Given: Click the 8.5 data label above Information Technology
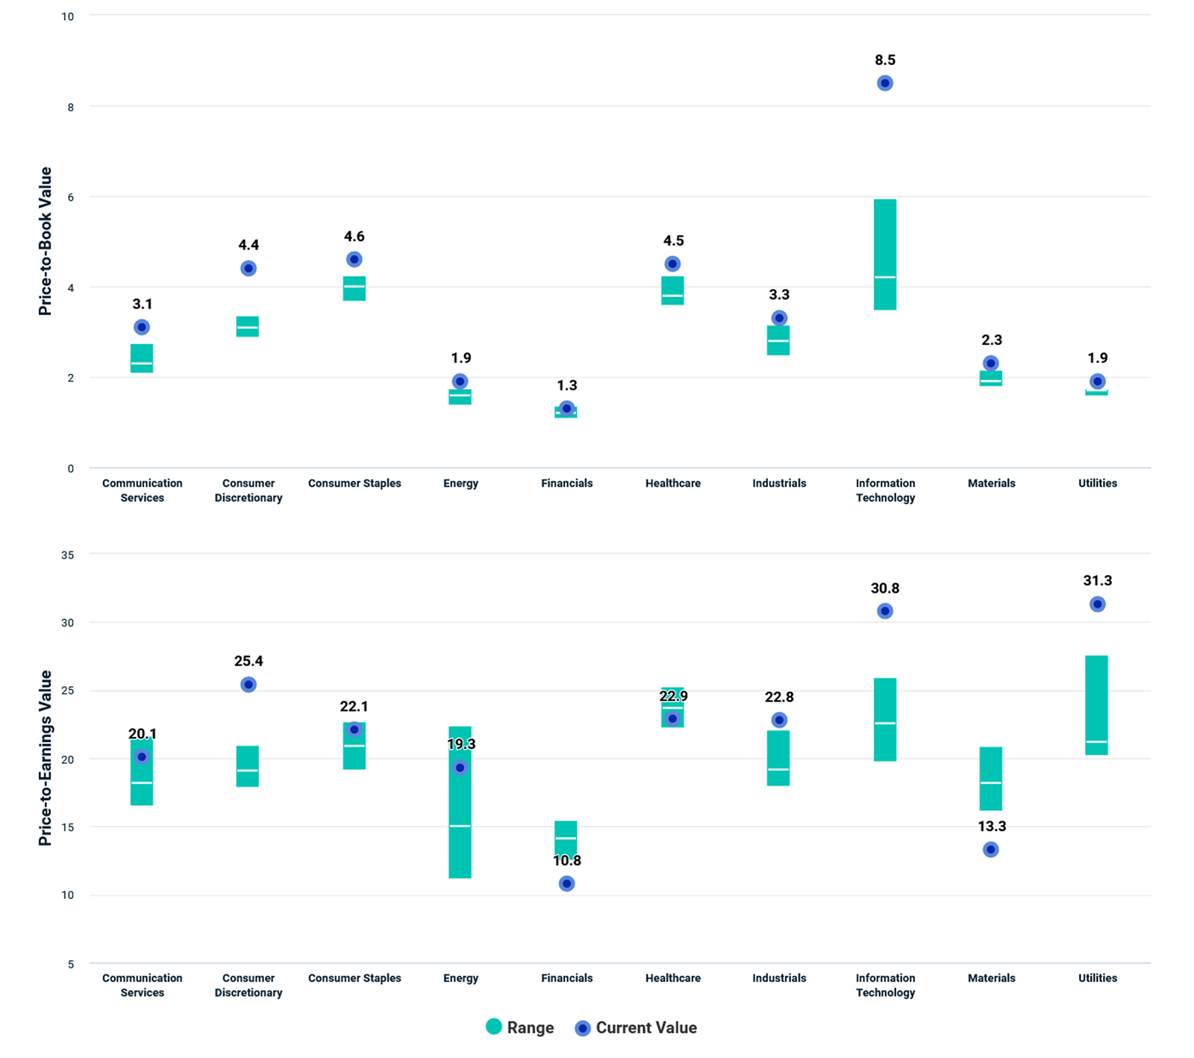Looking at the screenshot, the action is coord(885,60).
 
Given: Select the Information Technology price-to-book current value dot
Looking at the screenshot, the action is coord(885,83).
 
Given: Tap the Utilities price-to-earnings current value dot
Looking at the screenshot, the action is coord(1097,604).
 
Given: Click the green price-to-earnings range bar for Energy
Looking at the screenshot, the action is coord(460,802).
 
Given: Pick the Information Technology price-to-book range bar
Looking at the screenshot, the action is coord(885,255).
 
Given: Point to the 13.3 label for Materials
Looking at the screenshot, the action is coord(992,826).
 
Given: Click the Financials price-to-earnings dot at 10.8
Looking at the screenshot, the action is coord(566,883).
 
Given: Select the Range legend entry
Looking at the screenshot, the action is coord(520,1027).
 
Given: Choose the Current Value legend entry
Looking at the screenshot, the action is coord(636,1028).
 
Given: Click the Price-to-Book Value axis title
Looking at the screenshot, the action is coord(46,241).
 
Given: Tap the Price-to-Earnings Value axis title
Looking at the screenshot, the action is coord(46,758).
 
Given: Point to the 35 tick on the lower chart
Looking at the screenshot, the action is coord(68,555).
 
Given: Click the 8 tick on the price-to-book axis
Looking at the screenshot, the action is coord(71,108).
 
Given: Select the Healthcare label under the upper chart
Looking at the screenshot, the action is coord(673,483).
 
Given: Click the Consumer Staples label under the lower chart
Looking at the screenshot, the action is coord(354,978).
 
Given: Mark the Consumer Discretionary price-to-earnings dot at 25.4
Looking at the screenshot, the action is coord(249,685).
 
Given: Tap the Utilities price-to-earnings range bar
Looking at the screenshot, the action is coord(1096,706).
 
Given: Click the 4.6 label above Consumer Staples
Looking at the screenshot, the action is coord(354,237).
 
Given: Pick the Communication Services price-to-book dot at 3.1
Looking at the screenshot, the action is coord(142,327).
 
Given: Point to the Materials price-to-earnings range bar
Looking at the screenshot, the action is coord(991,779).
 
